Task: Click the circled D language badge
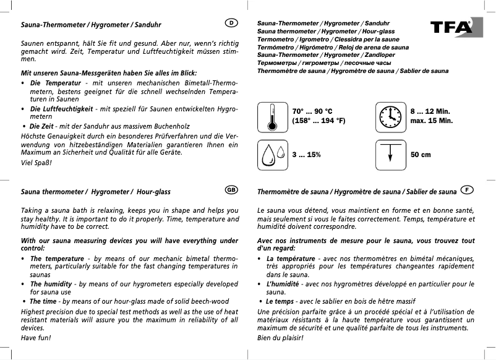231,24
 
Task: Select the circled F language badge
468,190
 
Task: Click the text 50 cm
421,155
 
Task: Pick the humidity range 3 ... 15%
307,155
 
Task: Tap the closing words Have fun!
36,338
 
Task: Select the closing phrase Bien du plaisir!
280,338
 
